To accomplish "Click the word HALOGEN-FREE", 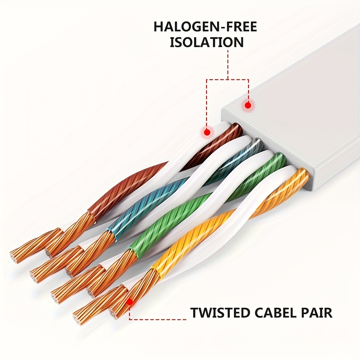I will click(x=205, y=27).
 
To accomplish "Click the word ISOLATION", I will click(x=207, y=42).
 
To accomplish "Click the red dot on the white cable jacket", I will click(x=248, y=105).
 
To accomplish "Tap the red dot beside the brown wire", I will click(x=206, y=132).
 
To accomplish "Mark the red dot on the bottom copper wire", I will click(x=130, y=302).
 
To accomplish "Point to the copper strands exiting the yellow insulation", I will click(x=141, y=285).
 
